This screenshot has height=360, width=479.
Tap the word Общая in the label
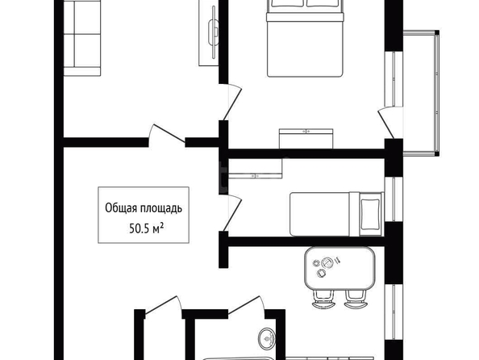coord(121,208)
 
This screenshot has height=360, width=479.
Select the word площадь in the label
coord(161,208)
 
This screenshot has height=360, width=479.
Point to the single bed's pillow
coord(370,214)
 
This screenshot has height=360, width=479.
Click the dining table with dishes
coord(339,269)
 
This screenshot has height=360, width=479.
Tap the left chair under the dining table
coord(324,299)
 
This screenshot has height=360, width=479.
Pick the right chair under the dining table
coord(356,299)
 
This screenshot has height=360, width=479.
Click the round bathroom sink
coord(267,338)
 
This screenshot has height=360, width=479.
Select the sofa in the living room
coord(82,38)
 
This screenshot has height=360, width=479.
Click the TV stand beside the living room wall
coord(209,33)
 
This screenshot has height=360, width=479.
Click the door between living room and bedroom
coord(233,102)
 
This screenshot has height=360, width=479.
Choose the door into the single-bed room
coord(233,212)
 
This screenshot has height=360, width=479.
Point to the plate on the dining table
coord(327,262)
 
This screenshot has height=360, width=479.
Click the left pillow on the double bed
coord(287,3)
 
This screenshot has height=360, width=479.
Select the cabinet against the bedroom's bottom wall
coord(306,139)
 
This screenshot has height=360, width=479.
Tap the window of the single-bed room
coord(394,199)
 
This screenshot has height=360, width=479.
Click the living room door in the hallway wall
coord(167,135)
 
